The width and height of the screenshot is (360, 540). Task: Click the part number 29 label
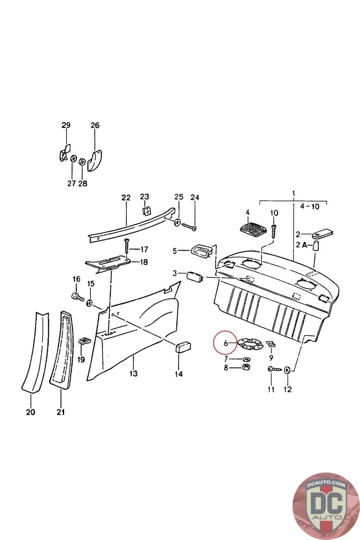coord(66,126)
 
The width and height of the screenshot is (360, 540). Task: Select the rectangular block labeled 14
coord(183,347)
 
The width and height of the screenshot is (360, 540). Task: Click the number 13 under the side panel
coord(133,374)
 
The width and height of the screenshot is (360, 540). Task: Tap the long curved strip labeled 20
coord(34,354)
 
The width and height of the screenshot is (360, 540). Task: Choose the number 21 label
coord(61,412)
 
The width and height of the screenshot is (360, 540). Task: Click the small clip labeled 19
coord(84,341)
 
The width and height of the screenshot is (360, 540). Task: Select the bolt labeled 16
coord(78,297)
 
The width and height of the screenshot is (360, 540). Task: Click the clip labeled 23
coord(146,211)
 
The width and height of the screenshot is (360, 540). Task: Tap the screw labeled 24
coord(190,227)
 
